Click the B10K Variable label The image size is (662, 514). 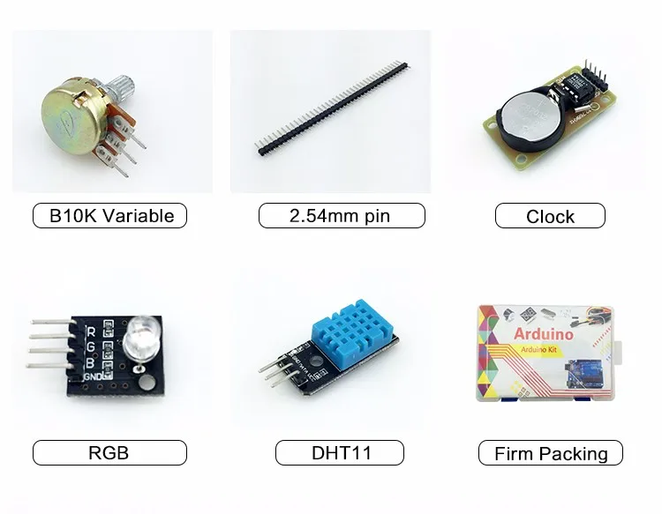(x=109, y=215)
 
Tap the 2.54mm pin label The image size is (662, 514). (x=341, y=215)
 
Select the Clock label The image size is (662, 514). (x=550, y=216)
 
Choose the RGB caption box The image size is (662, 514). (x=109, y=453)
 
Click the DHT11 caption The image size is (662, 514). (x=341, y=453)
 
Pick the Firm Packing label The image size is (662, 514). (x=550, y=454)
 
